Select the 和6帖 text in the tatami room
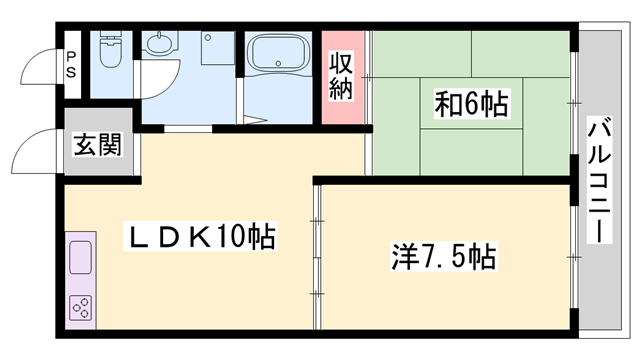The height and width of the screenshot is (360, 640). (470, 103)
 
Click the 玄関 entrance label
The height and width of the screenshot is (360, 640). (97, 146)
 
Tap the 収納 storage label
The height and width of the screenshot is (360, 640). (342, 75)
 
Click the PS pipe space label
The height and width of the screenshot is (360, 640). (72, 65)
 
